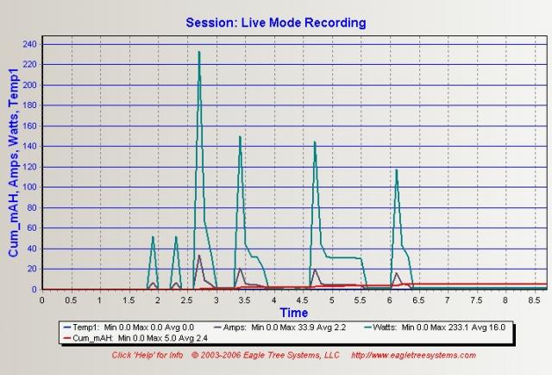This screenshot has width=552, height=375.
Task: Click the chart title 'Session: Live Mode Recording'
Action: point(275,22)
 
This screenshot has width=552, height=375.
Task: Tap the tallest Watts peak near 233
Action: point(199,53)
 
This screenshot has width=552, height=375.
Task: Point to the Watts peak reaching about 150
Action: point(240,137)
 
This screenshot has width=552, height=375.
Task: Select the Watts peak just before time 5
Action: point(315,143)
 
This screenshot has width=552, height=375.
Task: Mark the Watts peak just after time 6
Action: point(397,170)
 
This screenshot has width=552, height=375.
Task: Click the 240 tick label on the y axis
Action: point(29,44)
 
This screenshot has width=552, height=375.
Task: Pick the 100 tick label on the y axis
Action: point(29,187)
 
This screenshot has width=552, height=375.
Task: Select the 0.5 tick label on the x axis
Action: point(71,301)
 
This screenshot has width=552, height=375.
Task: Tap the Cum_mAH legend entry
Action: point(116,339)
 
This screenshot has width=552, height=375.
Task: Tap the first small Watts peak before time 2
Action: point(153,238)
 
